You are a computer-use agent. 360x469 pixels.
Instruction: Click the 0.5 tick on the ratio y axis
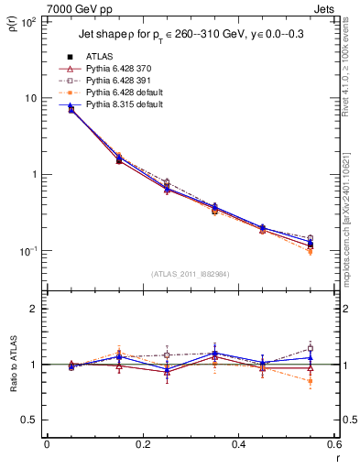point(29,420)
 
